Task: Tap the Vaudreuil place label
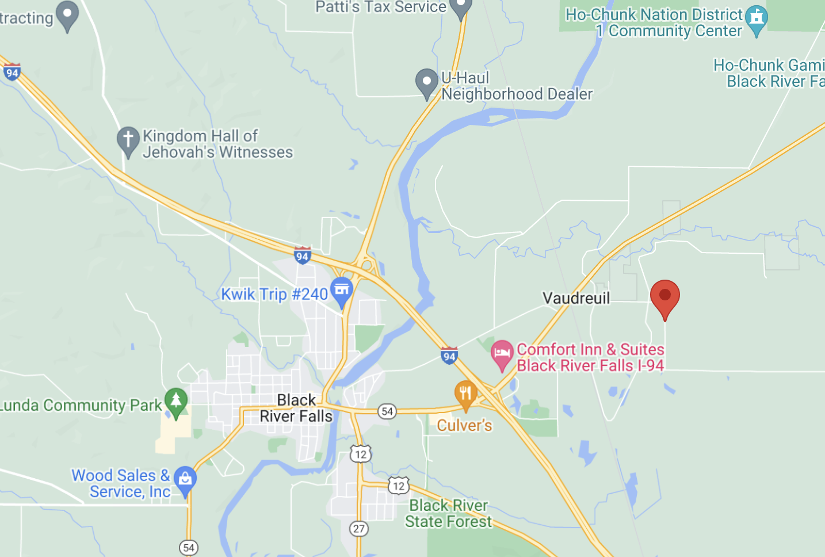click(x=576, y=298)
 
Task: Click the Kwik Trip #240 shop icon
click(x=341, y=289)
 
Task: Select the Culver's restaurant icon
click(x=465, y=394)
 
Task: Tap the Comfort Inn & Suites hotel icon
click(x=502, y=353)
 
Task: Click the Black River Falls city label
click(x=296, y=408)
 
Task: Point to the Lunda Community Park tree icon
click(x=176, y=400)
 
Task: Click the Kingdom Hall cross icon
click(x=128, y=139)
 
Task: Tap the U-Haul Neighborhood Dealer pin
click(x=427, y=82)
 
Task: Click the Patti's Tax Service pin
click(x=460, y=7)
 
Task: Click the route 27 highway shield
click(x=359, y=529)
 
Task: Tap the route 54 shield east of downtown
click(x=387, y=411)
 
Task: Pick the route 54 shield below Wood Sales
click(x=189, y=548)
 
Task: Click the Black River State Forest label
click(x=448, y=513)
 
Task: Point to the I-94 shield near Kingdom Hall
click(x=12, y=73)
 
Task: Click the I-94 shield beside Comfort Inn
click(x=449, y=356)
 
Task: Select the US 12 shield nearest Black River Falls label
click(x=361, y=454)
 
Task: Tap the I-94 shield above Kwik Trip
click(x=302, y=255)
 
